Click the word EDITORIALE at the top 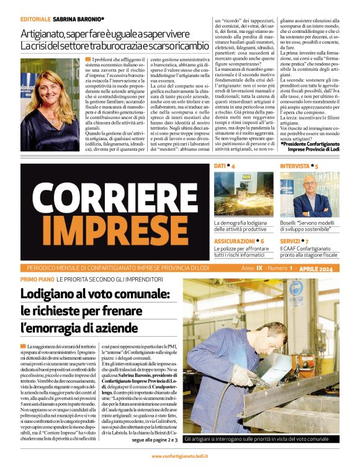(x=35, y=19)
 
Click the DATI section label (x=220, y=167)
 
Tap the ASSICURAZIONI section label (x=233, y=241)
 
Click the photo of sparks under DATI (x=243, y=194)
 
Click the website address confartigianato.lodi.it (x=179, y=456)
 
